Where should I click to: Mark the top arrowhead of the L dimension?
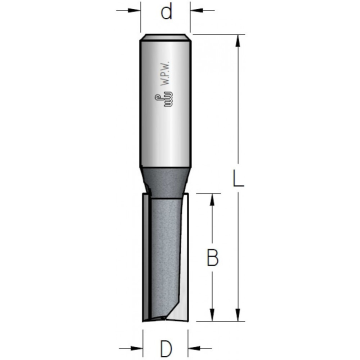coord(238,41)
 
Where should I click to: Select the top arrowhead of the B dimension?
coord(211,198)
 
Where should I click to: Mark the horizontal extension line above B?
coord(205,192)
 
